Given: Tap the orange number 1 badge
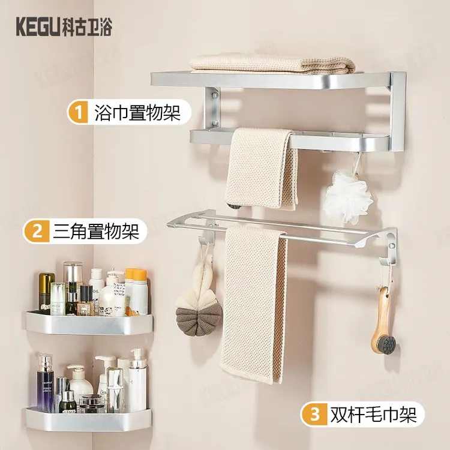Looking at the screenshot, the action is [x=78, y=112].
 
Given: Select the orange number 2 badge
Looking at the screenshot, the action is [x=37, y=231].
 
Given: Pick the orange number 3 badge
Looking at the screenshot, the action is [x=314, y=414].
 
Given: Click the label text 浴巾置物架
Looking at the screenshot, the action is [x=137, y=112].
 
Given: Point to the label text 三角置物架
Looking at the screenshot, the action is [x=96, y=231].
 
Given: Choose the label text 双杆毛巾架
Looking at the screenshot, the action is [x=373, y=414].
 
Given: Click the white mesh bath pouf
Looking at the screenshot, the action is [x=348, y=196].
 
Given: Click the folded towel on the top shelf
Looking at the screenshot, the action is [x=272, y=64].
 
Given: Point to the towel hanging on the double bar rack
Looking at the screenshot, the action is [x=254, y=304].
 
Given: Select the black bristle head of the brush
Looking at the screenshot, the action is [x=386, y=344].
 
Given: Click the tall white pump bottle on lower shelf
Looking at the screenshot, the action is [x=137, y=380].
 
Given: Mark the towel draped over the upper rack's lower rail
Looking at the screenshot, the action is [x=262, y=169].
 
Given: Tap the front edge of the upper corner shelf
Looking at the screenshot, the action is [x=89, y=325].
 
